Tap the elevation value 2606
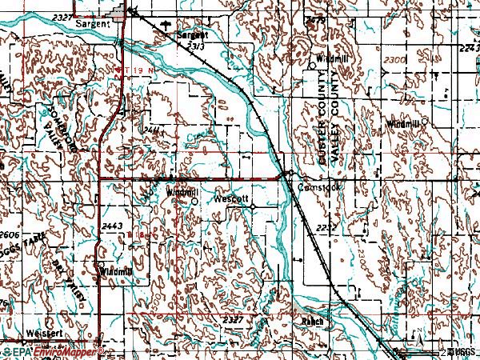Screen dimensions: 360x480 [9, 234]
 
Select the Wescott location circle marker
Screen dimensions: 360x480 [253, 206]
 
